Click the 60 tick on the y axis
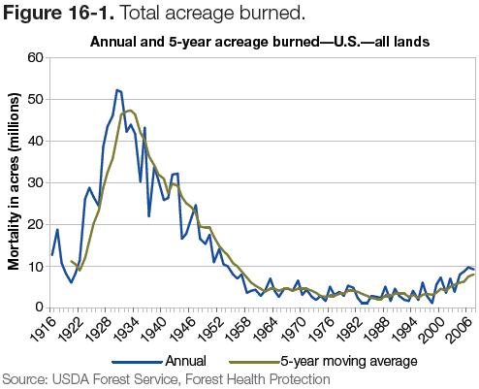pyautogui.click(x=37, y=57)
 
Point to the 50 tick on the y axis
pyautogui.click(x=37, y=99)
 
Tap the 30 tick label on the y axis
pyautogui.click(x=37, y=182)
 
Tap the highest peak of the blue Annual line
pyautogui.click(x=116, y=89)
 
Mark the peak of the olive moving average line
pyautogui.click(x=129, y=111)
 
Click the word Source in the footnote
pyautogui.click(x=24, y=378)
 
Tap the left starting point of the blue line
pyautogui.click(x=51, y=255)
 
